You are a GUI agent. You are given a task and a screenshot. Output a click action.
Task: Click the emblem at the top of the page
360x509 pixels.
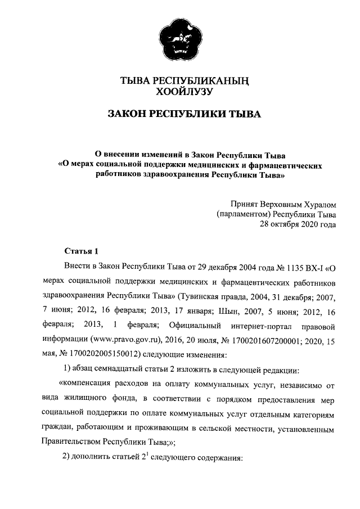point(179,39)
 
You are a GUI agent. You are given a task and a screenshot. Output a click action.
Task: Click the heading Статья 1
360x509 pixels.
point(82,250)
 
